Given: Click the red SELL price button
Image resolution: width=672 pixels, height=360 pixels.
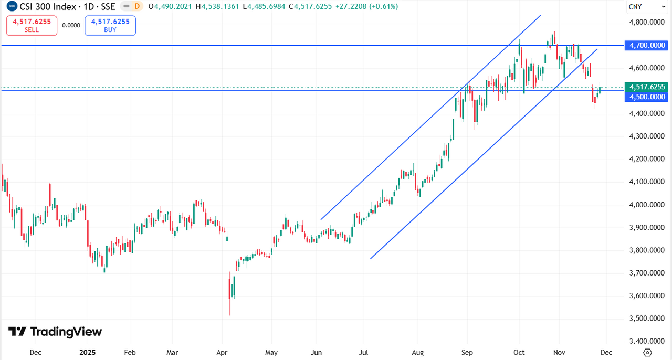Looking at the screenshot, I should tap(31, 25).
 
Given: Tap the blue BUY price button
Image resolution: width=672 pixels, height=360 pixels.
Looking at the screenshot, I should tap(110, 25).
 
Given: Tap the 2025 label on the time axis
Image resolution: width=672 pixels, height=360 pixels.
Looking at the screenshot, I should tap(88, 352).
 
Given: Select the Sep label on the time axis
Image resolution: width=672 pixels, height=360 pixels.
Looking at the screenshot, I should tap(467, 352).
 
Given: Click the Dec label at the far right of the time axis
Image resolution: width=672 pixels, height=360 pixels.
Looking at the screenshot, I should tap(606, 352).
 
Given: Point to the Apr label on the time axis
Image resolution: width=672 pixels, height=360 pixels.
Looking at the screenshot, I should tap(222, 352).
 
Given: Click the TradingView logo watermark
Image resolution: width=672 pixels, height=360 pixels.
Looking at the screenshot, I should tap(55, 332).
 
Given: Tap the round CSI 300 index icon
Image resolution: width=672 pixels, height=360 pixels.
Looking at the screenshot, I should tap(11, 6).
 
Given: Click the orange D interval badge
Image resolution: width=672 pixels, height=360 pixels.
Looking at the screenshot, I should tap(137, 6).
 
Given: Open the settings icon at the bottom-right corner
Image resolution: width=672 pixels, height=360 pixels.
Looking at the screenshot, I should tap(647, 352).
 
